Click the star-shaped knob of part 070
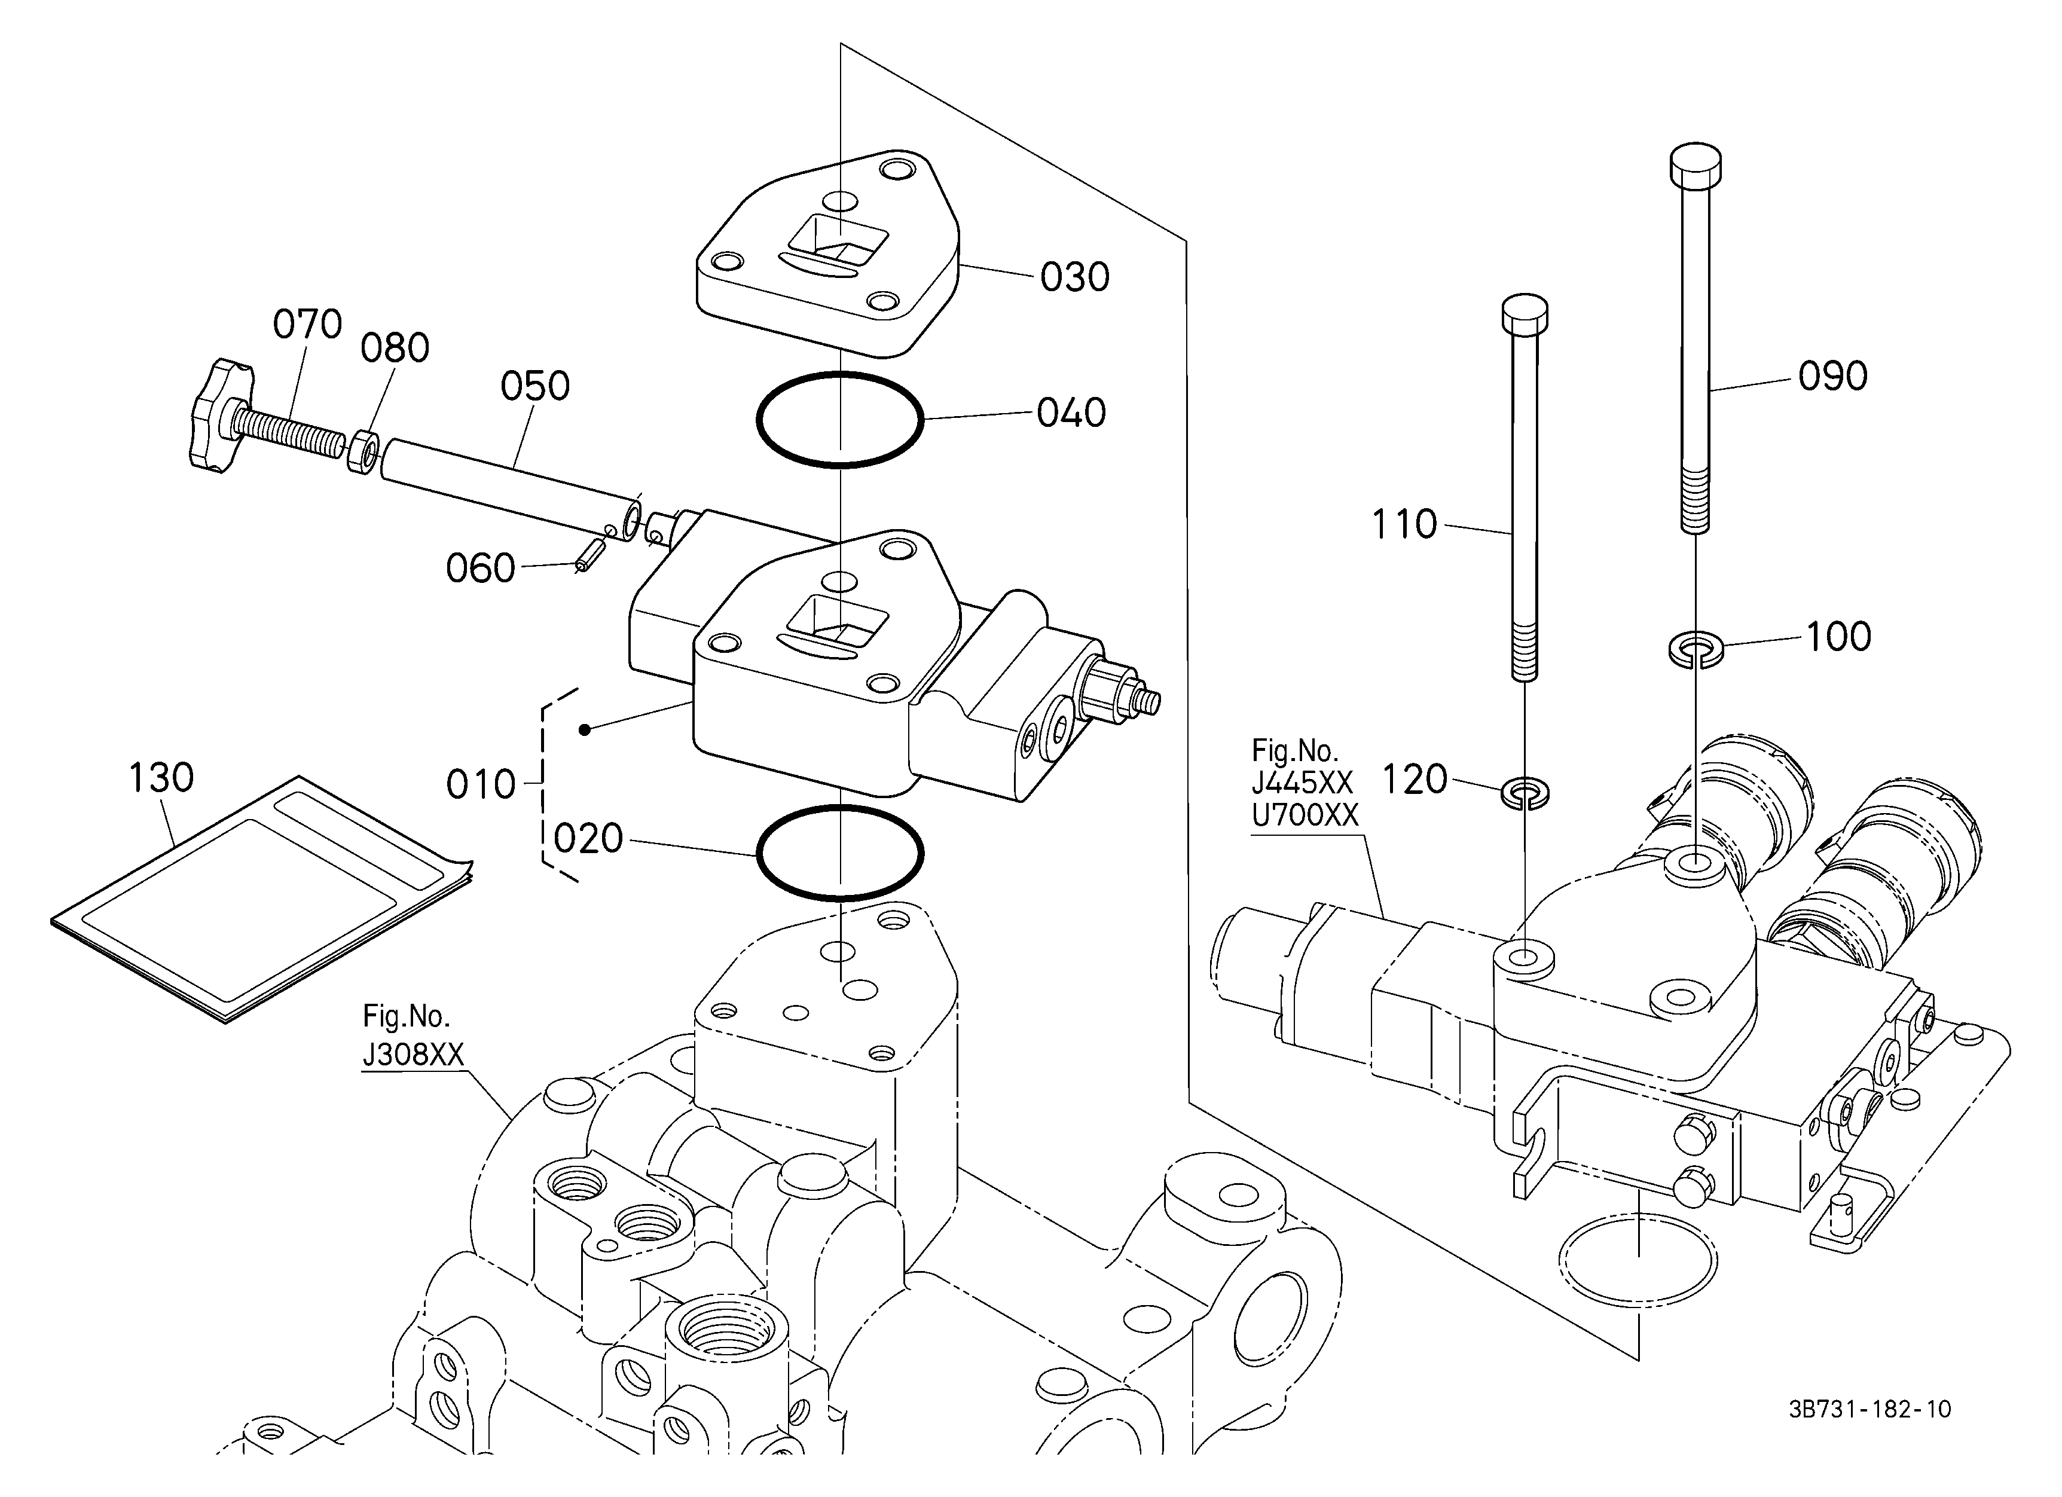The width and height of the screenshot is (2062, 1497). pos(219,416)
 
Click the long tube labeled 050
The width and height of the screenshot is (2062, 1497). pos(510,491)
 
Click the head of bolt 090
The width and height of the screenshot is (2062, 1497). pos(1697,164)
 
